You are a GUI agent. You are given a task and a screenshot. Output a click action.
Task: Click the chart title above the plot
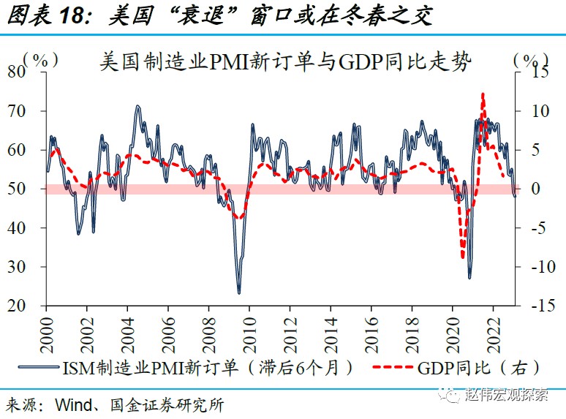[x=285, y=61]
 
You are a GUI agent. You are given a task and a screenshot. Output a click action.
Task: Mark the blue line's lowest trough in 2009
[x=239, y=293]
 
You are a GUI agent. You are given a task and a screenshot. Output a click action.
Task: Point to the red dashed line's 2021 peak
[x=483, y=94]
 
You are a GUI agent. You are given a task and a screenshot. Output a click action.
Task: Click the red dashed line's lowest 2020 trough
[x=462, y=257]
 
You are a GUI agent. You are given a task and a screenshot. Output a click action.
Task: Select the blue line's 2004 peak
[x=137, y=107]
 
